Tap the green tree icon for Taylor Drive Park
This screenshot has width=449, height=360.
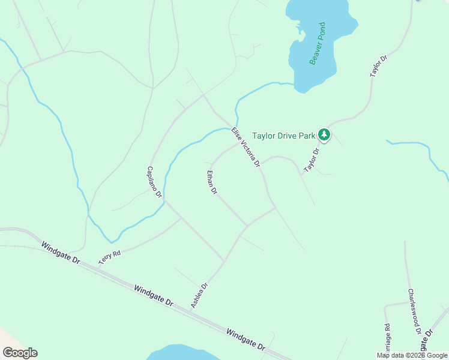324,134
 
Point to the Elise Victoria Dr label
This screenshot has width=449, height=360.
246,146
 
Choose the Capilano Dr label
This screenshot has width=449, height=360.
154,182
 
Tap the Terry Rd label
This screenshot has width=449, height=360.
110,258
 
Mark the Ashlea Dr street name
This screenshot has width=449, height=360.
199,296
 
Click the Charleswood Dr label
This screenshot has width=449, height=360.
414,311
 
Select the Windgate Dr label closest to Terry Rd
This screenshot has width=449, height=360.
61,253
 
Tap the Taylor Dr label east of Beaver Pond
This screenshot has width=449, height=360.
379,65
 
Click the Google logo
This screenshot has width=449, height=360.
20,353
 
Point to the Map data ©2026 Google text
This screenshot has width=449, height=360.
412,355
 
